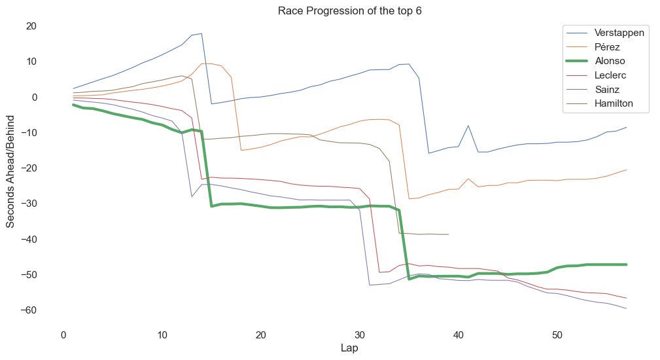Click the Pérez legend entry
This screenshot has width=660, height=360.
[x=608, y=47]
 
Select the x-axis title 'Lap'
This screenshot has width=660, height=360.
[x=349, y=348]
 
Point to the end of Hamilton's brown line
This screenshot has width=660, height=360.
[x=448, y=234]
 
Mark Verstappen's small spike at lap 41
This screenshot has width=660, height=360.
[x=468, y=126]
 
